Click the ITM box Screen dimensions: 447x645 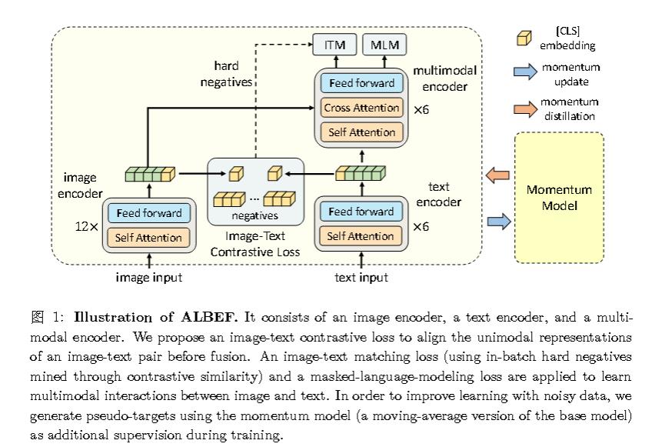click(334, 45)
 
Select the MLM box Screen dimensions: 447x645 click(384, 45)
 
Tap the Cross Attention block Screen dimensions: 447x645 click(361, 108)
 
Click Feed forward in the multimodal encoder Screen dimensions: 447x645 click(361, 83)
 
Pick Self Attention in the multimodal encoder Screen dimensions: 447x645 click(361, 132)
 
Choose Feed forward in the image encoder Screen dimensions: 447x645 click(148, 213)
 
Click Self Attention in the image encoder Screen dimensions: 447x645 click(148, 238)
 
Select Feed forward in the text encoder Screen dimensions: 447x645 click(361, 212)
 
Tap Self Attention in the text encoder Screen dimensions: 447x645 click(361, 236)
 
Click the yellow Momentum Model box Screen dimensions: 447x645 click(559, 198)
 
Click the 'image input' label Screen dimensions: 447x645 click(149, 277)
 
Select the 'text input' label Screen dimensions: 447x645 click(361, 277)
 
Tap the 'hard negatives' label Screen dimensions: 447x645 click(226, 74)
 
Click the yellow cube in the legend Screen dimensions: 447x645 click(524, 38)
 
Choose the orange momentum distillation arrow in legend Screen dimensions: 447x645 click(525, 108)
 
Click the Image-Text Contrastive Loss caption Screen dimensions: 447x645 click(255, 245)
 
